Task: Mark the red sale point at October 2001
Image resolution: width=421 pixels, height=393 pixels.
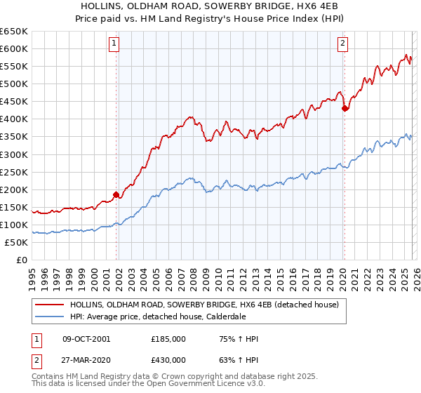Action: (x=116, y=194)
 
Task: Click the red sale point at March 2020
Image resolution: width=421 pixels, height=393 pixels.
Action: (x=345, y=108)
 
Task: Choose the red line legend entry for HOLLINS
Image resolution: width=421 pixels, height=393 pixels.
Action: (x=204, y=305)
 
